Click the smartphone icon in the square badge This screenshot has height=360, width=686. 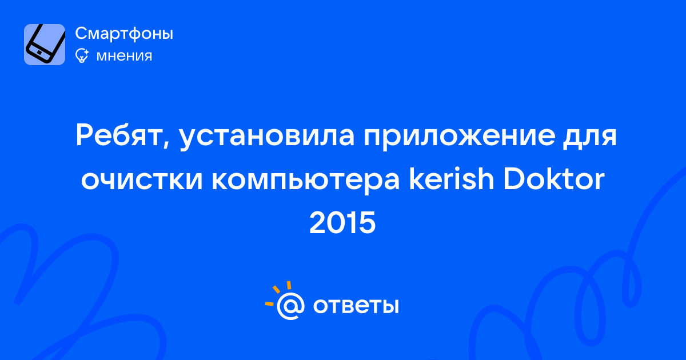[x=45, y=43]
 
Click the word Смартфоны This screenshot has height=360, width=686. [x=124, y=33]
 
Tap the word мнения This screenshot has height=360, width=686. [x=124, y=56]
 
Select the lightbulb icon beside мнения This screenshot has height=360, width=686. [x=82, y=55]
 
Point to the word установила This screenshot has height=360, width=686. [x=267, y=137]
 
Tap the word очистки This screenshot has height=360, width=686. [x=142, y=179]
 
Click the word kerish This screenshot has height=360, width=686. [x=452, y=178]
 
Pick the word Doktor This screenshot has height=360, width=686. [x=554, y=178]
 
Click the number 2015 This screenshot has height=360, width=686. [x=342, y=223]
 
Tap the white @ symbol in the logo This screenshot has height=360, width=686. [x=290, y=306]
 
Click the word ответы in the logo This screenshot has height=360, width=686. [x=356, y=306]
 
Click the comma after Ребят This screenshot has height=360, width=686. [x=166, y=144]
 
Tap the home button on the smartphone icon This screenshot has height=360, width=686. [x=39, y=53]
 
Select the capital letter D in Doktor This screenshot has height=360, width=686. [x=516, y=178]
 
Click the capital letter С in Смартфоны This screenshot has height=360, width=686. [x=82, y=33]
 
